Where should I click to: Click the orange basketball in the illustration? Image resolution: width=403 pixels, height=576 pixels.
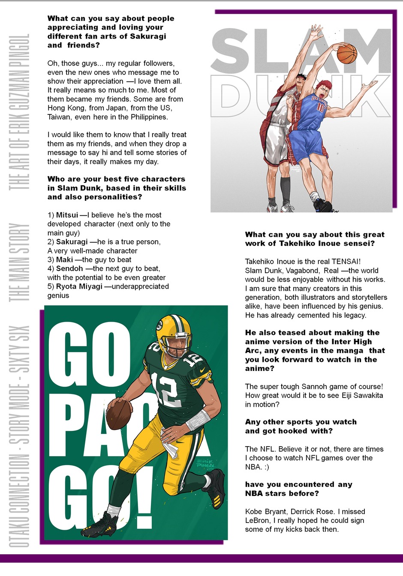click(x=347, y=53)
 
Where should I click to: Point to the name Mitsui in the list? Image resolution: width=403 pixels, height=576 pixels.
click(x=67, y=215)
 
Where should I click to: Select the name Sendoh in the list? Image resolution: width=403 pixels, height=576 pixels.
click(x=69, y=269)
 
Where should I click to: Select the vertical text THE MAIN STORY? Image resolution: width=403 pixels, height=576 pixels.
click(x=19, y=262)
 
